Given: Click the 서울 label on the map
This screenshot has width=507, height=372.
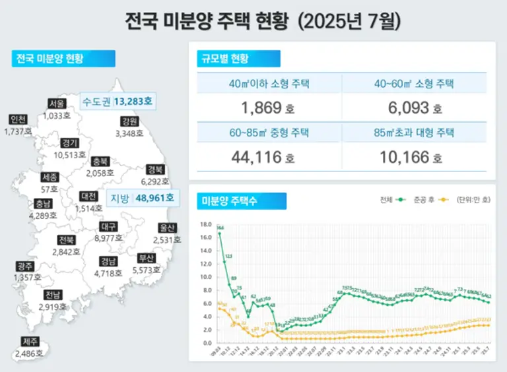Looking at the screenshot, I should (x=57, y=104).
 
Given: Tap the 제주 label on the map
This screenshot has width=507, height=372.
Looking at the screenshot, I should (x=30, y=342).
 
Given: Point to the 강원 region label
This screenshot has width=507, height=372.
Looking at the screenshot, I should (x=129, y=121).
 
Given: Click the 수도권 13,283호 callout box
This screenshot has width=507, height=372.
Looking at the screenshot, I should (x=117, y=102).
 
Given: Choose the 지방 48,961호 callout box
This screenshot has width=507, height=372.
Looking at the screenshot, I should (x=143, y=197).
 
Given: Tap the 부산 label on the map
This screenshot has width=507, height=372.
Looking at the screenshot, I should (x=147, y=258).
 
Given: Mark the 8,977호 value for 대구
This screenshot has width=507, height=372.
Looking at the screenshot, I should (x=110, y=238).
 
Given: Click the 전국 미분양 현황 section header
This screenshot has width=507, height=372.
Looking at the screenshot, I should (x=63, y=58).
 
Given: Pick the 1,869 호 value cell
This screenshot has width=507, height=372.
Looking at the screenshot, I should (x=269, y=108).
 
